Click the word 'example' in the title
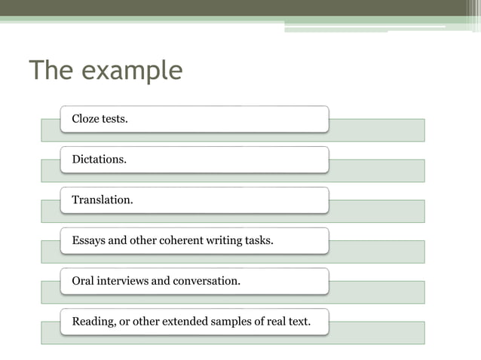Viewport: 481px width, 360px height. [x=132, y=71]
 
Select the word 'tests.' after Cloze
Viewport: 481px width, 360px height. [x=115, y=119]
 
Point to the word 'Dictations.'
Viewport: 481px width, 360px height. [x=99, y=160]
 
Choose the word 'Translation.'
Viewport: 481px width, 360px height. [x=103, y=200]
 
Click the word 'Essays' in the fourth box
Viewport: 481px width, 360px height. [x=90, y=241]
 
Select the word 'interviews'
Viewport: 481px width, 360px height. [x=124, y=281]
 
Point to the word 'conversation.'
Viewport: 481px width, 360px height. [x=207, y=281]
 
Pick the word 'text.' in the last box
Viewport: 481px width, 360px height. [x=299, y=322]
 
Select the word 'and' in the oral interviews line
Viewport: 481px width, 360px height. [x=161, y=281]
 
